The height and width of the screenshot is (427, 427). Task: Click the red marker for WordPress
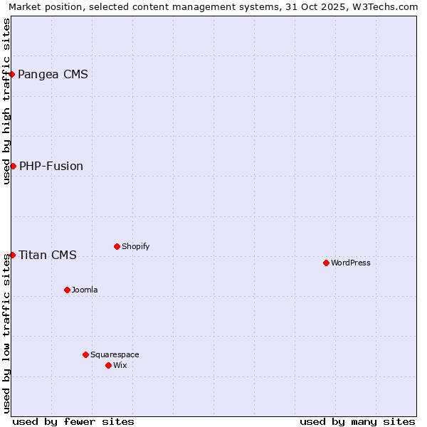click(326, 263)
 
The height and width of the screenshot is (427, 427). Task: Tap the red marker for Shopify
click(117, 246)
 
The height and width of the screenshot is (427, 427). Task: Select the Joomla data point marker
click(67, 290)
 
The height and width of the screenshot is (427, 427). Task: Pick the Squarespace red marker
click(85, 354)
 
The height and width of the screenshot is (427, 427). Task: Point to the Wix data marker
click(108, 365)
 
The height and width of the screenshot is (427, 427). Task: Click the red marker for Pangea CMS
click(11, 74)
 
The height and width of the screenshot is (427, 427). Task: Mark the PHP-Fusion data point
click(13, 166)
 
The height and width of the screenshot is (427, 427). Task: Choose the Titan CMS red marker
click(12, 255)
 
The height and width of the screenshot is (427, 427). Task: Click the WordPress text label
click(351, 263)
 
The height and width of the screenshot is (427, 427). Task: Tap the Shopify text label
click(135, 246)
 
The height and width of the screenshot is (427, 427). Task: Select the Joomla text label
click(85, 290)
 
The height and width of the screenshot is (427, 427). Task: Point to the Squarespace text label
click(115, 354)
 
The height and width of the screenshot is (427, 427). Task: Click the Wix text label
click(120, 365)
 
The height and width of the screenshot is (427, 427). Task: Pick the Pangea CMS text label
click(53, 74)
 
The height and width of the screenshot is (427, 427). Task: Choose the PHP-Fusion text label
click(51, 166)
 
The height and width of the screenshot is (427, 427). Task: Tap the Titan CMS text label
click(48, 255)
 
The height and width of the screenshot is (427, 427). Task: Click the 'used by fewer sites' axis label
click(73, 421)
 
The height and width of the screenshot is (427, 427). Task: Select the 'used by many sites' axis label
click(357, 421)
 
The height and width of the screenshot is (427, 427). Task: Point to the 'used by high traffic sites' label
click(6, 101)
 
